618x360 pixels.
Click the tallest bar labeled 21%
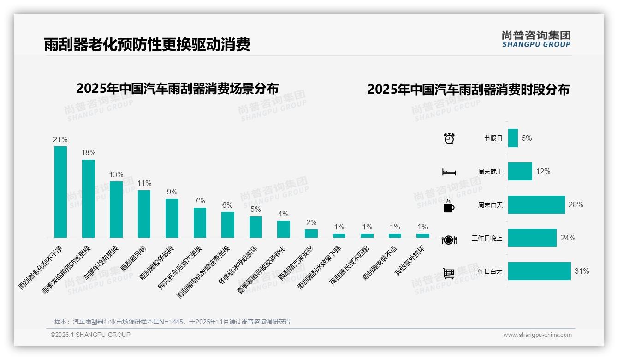click(60, 192)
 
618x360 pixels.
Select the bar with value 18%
click(89, 198)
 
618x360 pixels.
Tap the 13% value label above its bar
click(116, 174)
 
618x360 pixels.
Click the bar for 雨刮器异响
click(144, 214)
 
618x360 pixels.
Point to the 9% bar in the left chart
click(172, 218)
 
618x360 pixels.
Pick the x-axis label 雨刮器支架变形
click(296, 263)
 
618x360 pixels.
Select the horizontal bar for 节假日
click(513, 138)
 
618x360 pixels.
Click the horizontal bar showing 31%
click(540, 271)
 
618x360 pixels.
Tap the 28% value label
click(576, 204)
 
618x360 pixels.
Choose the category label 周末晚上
click(490, 172)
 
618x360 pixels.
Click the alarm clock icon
click(449, 138)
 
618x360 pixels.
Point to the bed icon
click(449, 172)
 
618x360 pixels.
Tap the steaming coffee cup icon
click(449, 206)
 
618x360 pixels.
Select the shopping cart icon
click(449, 273)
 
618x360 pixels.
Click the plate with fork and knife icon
click(449, 240)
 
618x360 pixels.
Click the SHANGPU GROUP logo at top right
click(536, 39)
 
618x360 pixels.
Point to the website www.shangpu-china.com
click(537, 335)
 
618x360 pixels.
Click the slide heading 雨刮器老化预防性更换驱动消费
click(147, 45)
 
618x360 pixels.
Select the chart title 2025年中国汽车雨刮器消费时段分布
click(468, 89)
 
